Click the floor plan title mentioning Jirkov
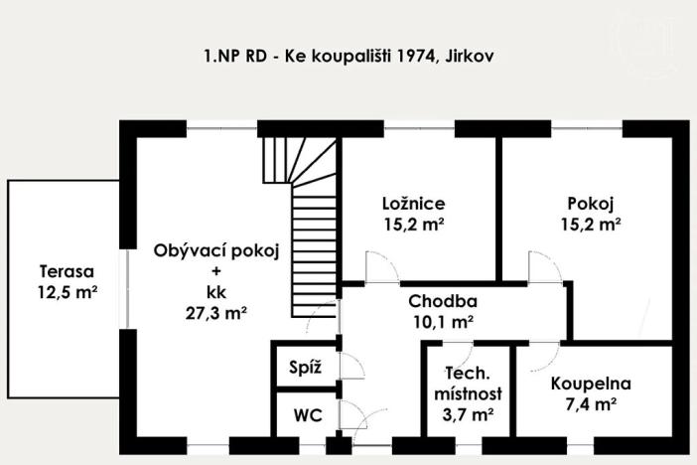click(x=348, y=57)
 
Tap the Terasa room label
click(x=67, y=270)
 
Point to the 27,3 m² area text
click(x=215, y=312)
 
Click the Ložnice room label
click(x=413, y=204)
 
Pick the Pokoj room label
click(x=590, y=204)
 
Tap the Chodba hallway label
click(x=443, y=301)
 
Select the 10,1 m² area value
click(x=443, y=321)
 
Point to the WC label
click(x=301, y=414)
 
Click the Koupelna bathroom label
click(x=591, y=383)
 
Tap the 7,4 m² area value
click(x=591, y=403)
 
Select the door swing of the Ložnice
click(x=382, y=266)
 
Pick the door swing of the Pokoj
click(x=545, y=266)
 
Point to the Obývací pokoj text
click(x=215, y=250)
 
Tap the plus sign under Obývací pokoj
click(x=215, y=271)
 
